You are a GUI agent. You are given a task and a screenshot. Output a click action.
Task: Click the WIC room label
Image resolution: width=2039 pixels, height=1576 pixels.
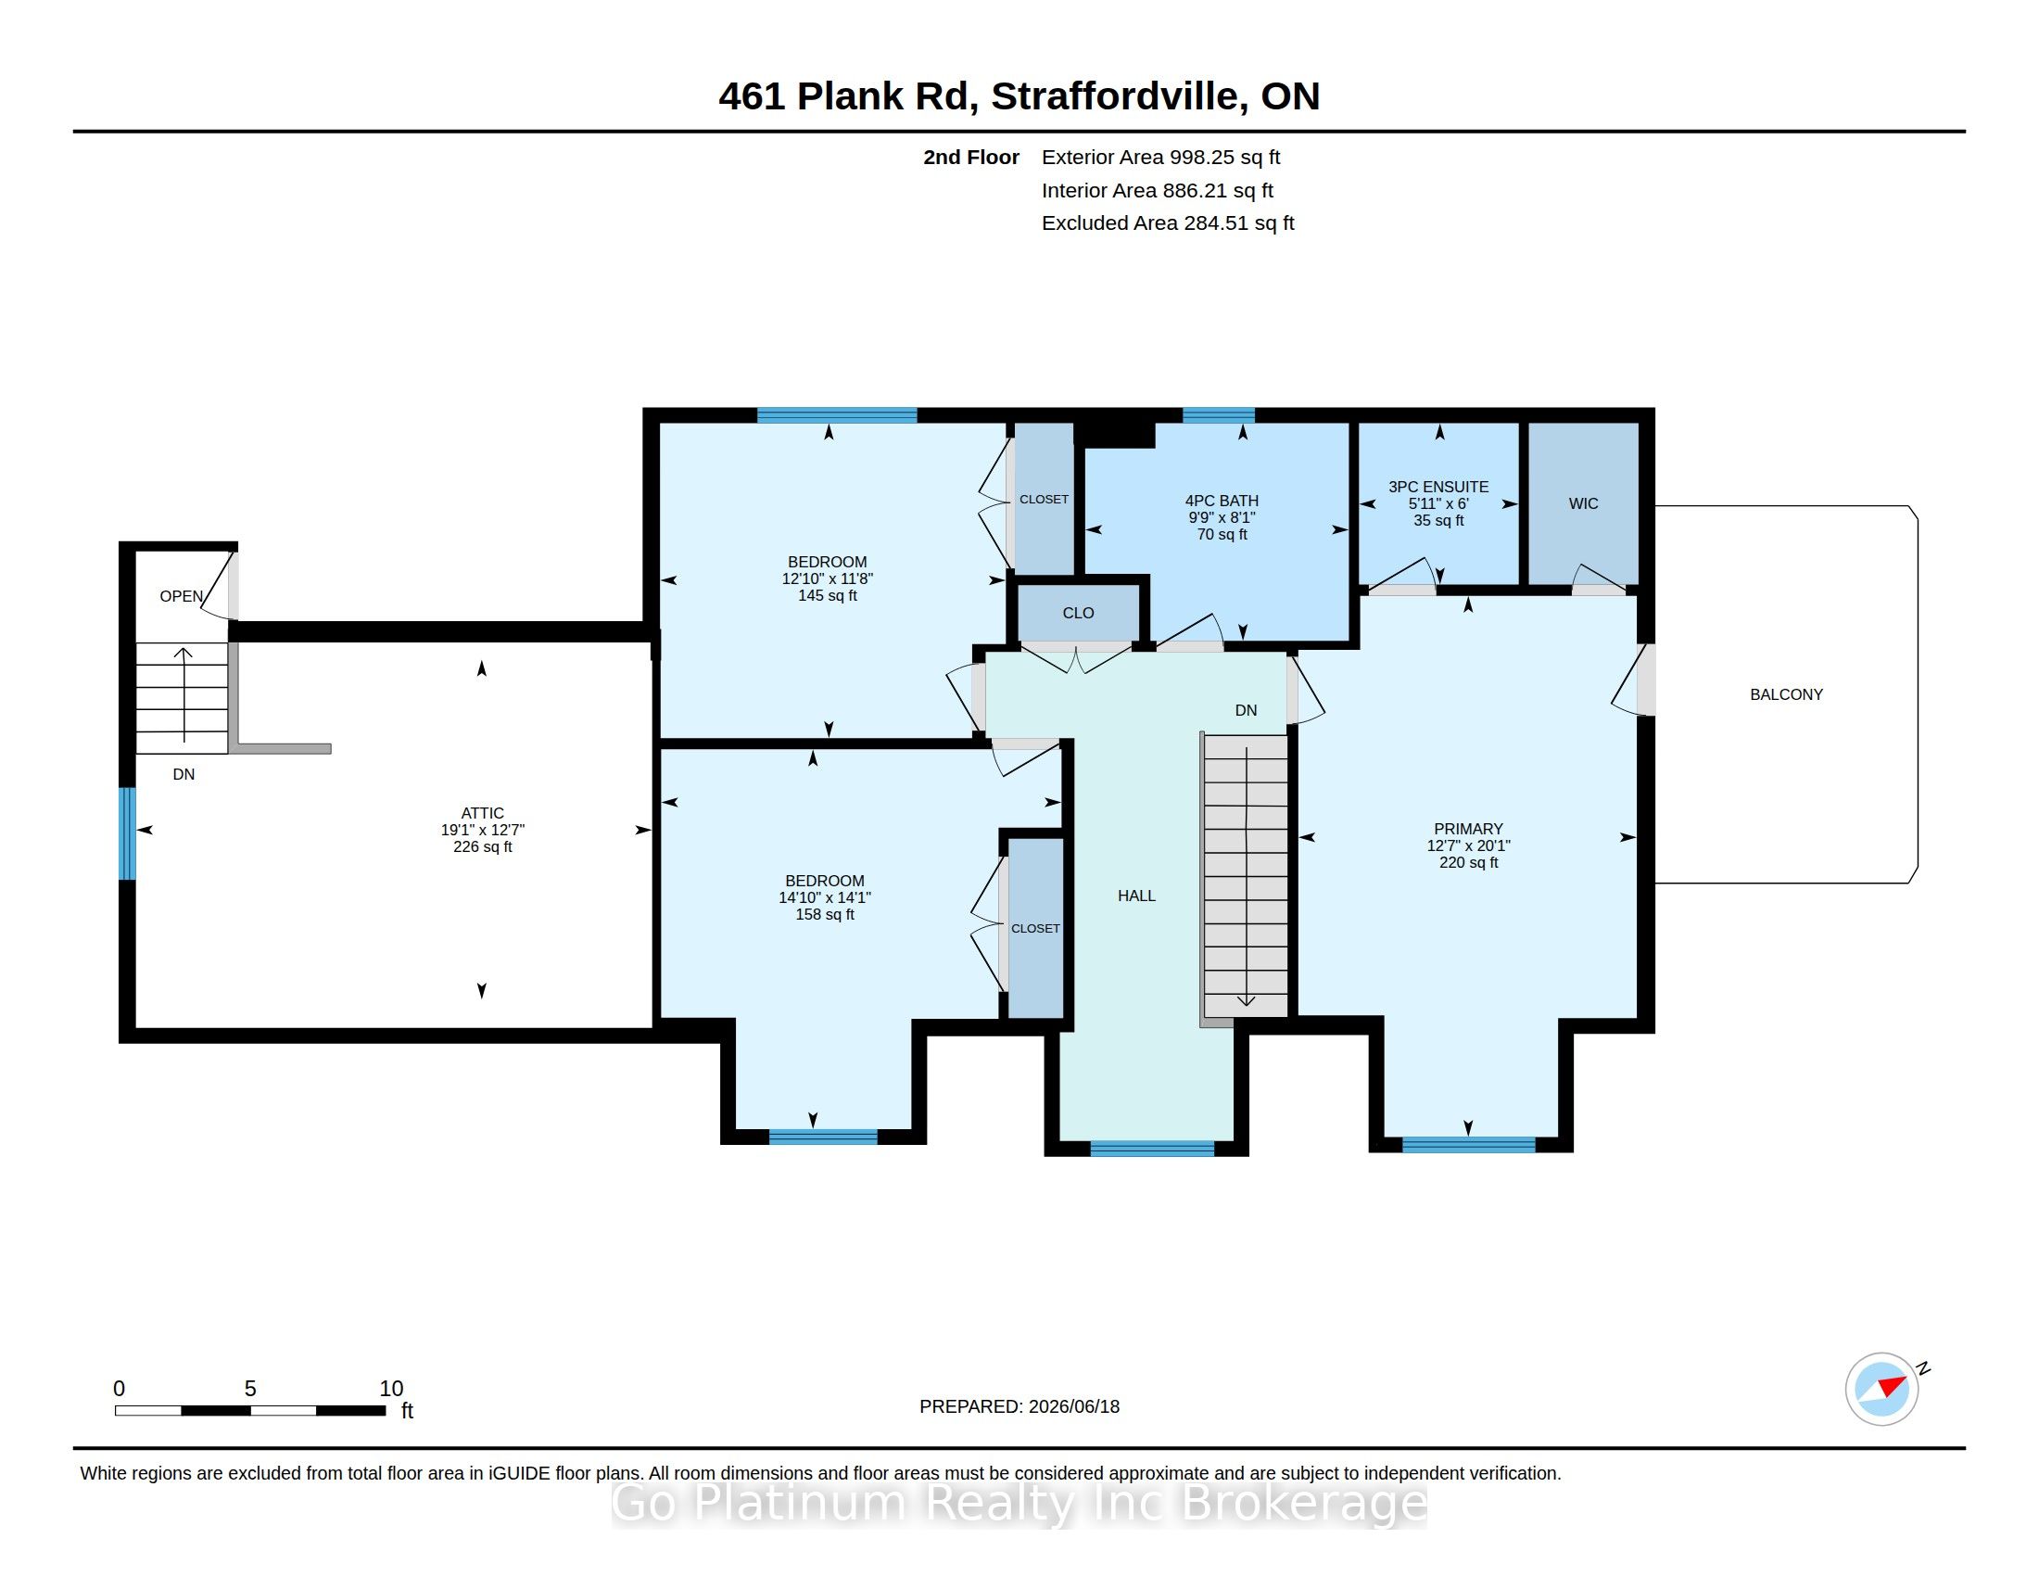[1583, 503]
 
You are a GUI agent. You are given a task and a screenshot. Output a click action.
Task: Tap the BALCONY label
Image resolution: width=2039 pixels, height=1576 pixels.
[1786, 693]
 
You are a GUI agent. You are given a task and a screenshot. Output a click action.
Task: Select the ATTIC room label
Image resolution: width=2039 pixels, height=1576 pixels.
[483, 813]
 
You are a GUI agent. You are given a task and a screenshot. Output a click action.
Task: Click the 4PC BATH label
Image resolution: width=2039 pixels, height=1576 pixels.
[1222, 501]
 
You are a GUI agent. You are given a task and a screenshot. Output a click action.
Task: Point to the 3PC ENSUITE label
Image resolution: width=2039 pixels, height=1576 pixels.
[1438, 487]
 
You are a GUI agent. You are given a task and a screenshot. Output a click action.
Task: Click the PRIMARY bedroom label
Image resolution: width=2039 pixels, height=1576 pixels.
[1469, 829]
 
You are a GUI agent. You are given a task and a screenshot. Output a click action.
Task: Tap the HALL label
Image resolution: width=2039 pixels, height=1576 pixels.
[1136, 896]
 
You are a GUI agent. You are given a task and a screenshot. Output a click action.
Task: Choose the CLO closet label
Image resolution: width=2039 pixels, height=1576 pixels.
[1078, 614]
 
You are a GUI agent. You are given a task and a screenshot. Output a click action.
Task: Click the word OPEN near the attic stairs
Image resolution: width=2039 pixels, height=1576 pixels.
[181, 596]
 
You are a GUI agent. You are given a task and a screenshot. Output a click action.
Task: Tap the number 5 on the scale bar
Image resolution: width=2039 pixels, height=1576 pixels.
[250, 1389]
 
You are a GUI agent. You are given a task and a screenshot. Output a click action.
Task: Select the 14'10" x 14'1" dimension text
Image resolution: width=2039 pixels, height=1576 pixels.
[824, 897]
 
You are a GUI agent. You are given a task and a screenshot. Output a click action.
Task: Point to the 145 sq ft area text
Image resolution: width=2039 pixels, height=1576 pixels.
[827, 596]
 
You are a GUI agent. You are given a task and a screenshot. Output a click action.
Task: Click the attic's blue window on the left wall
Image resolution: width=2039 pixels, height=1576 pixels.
[128, 833]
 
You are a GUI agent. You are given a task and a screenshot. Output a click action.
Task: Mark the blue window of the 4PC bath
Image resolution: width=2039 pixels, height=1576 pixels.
[1219, 415]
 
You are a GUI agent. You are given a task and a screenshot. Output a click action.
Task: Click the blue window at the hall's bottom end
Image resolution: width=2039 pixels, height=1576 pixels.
[1152, 1149]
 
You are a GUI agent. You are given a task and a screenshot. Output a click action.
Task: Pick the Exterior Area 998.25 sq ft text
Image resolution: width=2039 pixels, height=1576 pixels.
[1160, 157]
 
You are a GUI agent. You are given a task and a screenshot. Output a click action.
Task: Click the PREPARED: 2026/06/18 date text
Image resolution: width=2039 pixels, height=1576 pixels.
[1019, 1406]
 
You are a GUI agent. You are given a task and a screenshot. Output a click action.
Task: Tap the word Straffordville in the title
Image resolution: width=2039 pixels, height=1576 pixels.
[1116, 96]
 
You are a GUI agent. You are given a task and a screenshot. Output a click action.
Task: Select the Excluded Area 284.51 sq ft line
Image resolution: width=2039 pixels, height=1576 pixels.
[1168, 223]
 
